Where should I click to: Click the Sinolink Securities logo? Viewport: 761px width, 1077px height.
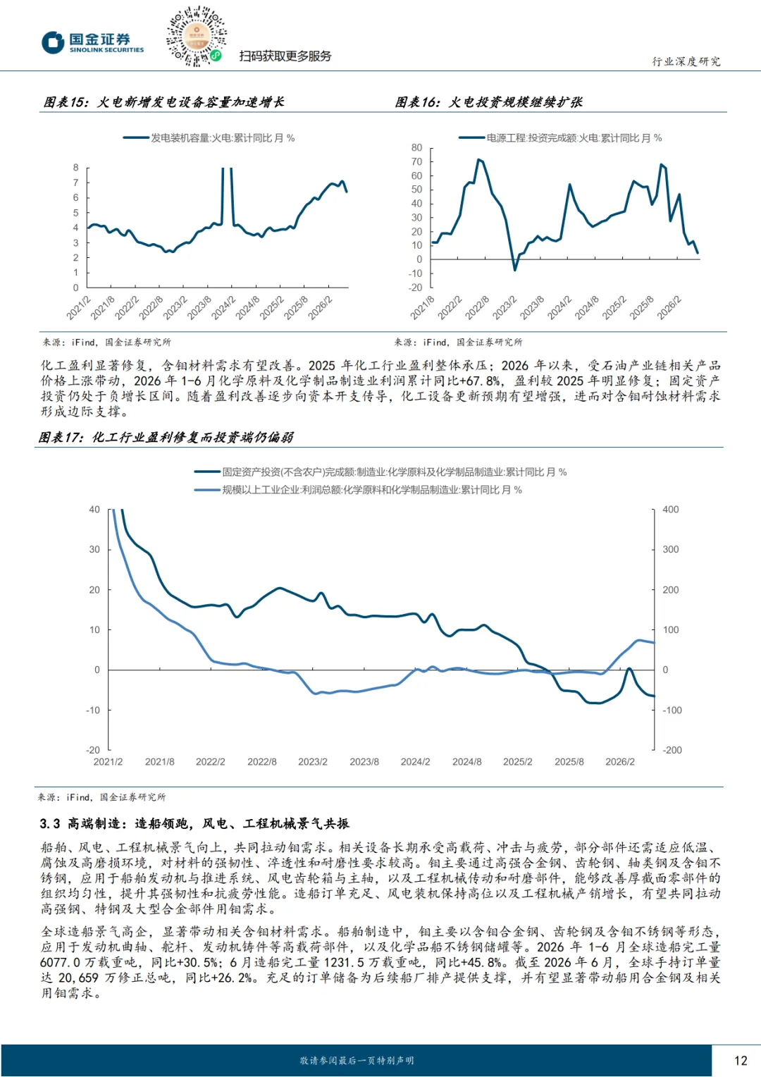(93, 43)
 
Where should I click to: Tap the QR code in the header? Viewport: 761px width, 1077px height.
(196, 36)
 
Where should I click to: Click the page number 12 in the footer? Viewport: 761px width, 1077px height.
(741, 1060)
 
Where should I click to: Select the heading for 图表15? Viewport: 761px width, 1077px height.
(163, 102)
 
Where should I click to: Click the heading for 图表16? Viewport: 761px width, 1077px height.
(488, 102)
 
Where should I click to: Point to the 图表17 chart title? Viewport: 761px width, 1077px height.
(166, 437)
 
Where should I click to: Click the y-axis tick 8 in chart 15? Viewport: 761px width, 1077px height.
(75, 168)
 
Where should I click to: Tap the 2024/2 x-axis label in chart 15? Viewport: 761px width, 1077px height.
(223, 308)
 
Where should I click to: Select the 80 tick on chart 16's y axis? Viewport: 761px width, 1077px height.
(417, 147)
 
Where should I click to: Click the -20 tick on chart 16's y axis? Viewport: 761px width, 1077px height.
(415, 288)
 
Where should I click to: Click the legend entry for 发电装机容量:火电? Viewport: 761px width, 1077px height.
(209, 138)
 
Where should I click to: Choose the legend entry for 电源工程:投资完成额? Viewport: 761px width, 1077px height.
(560, 138)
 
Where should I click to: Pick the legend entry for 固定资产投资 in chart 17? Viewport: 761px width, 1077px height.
(380, 472)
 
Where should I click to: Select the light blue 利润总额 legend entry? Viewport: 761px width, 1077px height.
(358, 490)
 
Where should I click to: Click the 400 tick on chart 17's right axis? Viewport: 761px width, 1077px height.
(671, 509)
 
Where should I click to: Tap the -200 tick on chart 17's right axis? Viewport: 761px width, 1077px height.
(672, 750)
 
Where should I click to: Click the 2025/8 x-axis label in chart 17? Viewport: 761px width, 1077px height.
(569, 762)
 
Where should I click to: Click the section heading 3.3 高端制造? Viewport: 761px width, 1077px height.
(194, 824)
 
